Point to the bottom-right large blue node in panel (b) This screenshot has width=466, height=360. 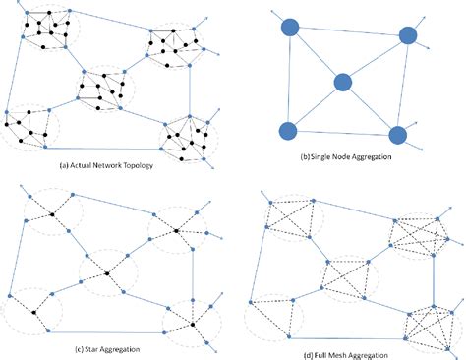click(398, 135)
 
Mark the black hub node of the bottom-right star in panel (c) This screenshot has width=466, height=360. click(194, 323)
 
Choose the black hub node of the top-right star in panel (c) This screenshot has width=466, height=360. click(177, 229)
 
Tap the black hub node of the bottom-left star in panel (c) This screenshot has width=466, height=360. click(34, 313)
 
